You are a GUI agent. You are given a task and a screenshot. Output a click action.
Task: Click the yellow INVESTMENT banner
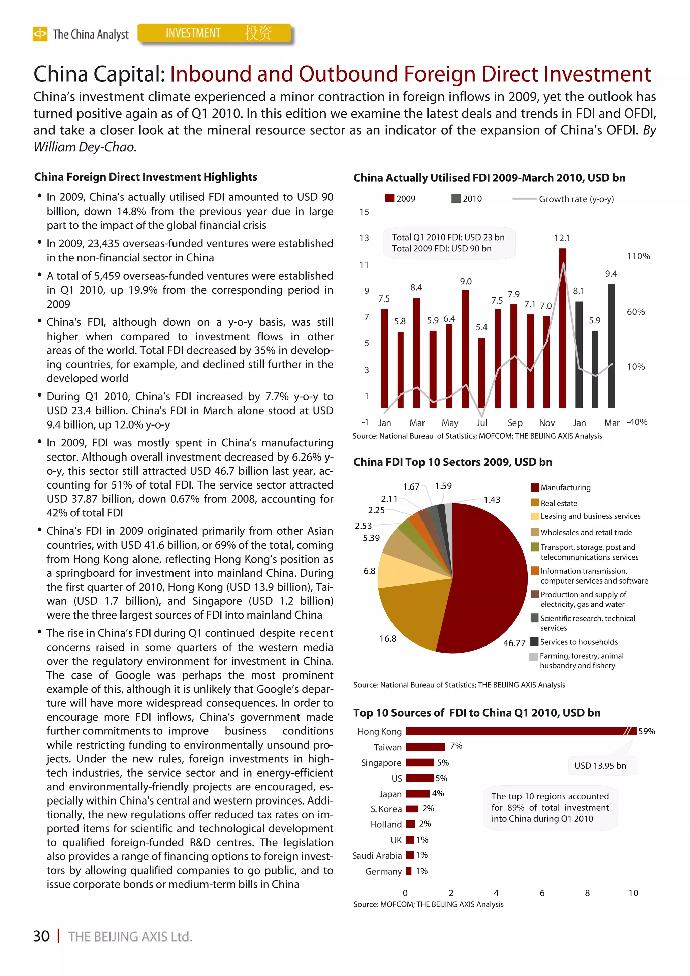(x=215, y=33)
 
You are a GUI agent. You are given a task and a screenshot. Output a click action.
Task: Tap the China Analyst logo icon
(x=40, y=34)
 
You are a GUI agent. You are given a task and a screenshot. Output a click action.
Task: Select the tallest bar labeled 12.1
(x=562, y=327)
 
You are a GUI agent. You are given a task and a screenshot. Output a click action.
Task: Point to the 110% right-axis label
(x=638, y=256)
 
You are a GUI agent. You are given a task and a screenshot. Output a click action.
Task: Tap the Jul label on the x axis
(x=481, y=423)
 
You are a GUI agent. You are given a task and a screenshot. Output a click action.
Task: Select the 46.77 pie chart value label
(x=514, y=643)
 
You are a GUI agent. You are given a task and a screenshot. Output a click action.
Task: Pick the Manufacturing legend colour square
(x=535, y=487)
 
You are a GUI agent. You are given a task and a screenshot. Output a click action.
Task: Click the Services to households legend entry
(x=578, y=642)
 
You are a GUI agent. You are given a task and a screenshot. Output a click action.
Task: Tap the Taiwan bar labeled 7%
(x=425, y=747)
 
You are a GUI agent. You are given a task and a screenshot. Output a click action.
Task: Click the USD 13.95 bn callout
(x=600, y=765)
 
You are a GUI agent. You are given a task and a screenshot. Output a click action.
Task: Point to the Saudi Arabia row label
(x=377, y=856)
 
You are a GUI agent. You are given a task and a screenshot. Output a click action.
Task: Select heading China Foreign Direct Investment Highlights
(x=146, y=177)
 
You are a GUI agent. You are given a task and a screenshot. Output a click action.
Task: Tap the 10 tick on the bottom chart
(x=633, y=893)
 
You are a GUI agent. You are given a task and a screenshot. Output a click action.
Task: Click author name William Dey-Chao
(x=84, y=147)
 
